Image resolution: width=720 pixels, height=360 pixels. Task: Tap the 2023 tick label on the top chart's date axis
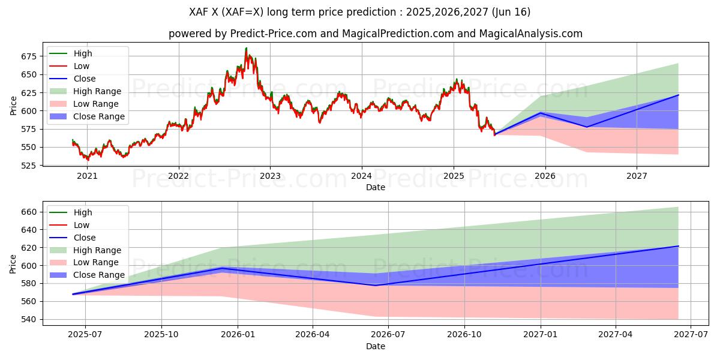click(x=270, y=176)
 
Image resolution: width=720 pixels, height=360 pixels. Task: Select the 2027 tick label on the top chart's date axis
click(x=636, y=176)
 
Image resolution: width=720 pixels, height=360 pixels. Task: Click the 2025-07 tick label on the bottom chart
click(x=85, y=335)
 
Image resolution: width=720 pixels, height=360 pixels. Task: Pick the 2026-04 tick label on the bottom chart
click(x=313, y=335)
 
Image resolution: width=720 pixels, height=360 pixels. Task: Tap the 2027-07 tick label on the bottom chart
click(x=691, y=335)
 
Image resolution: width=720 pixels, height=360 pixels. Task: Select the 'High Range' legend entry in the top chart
click(x=97, y=91)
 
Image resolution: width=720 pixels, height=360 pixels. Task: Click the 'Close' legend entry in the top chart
click(x=84, y=79)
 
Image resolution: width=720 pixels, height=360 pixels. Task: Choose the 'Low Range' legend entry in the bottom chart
click(x=96, y=262)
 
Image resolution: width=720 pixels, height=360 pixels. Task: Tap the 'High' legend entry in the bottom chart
click(x=83, y=212)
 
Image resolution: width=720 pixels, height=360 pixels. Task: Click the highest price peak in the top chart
click(x=246, y=49)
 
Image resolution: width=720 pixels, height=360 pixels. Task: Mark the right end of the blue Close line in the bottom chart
click(x=678, y=246)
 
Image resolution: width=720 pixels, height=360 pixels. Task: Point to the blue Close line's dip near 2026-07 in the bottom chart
click(x=376, y=285)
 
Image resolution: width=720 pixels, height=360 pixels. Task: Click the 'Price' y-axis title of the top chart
click(x=14, y=106)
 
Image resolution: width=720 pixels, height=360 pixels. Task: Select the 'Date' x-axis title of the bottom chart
click(x=376, y=346)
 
